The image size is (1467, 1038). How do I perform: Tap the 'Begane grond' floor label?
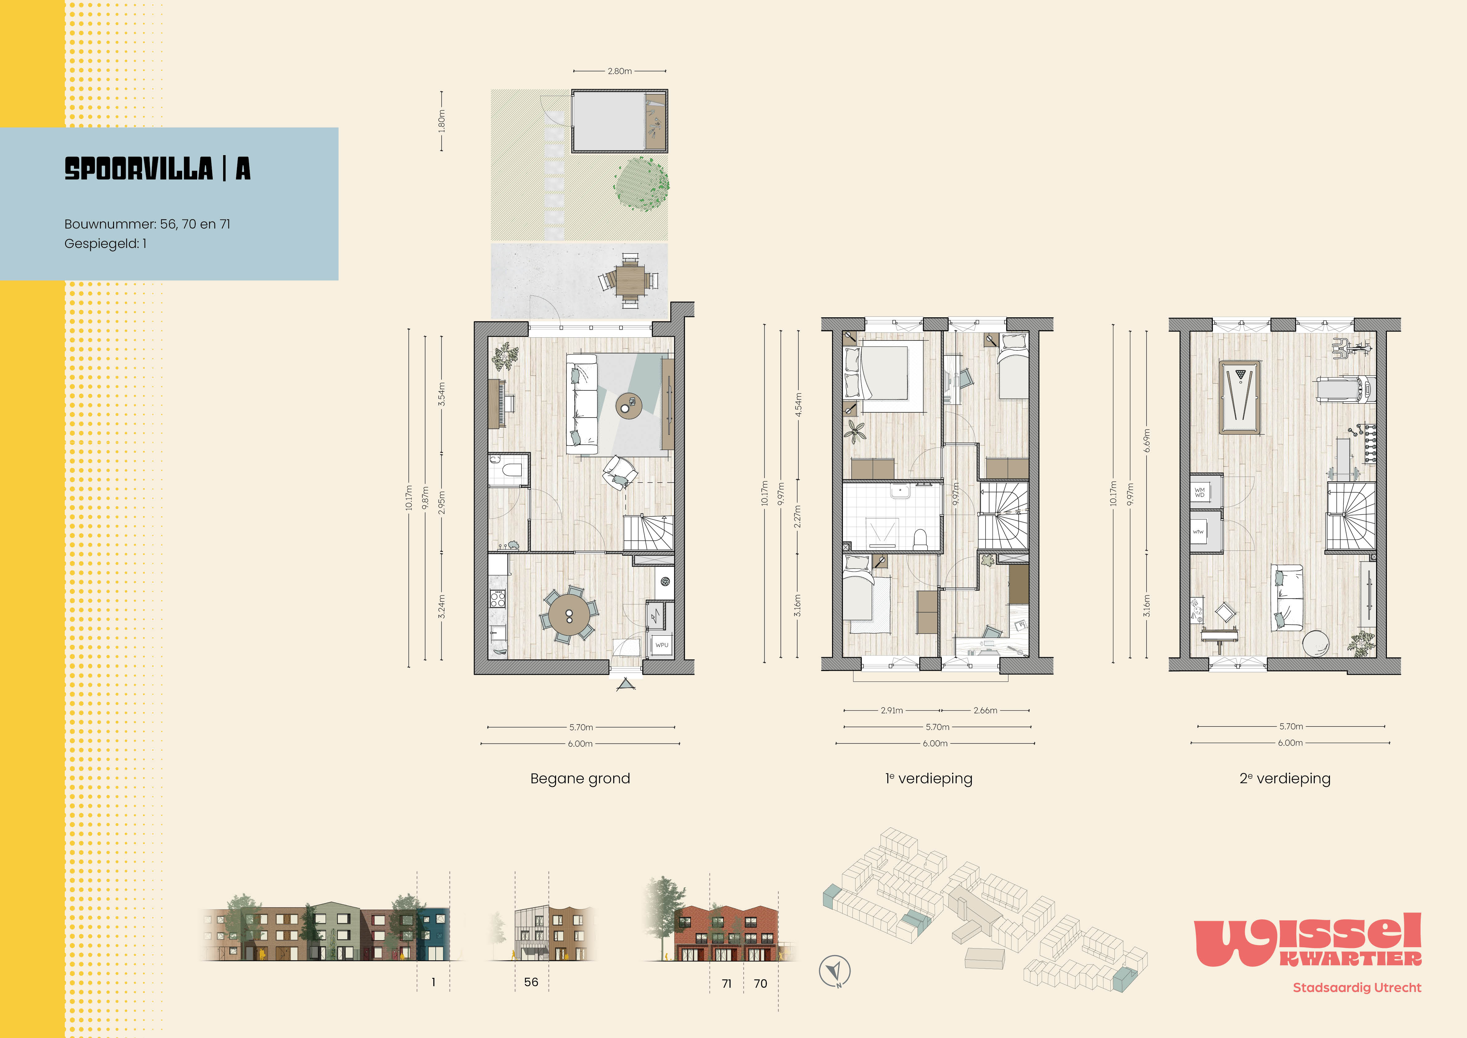[x=580, y=778]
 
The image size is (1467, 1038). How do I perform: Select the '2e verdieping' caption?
[x=1285, y=778]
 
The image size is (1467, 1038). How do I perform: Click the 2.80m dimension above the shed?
[x=620, y=71]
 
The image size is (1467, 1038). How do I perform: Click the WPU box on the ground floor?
[x=662, y=645]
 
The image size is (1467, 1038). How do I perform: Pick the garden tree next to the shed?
[x=641, y=183]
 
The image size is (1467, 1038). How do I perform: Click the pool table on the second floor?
[x=1240, y=397]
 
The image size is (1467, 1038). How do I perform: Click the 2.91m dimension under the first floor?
[x=892, y=710]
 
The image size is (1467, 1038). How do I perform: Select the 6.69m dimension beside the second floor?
[x=1147, y=440]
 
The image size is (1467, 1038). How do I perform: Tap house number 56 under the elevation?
[x=531, y=982]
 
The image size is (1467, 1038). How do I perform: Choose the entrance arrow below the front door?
[x=626, y=685]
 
